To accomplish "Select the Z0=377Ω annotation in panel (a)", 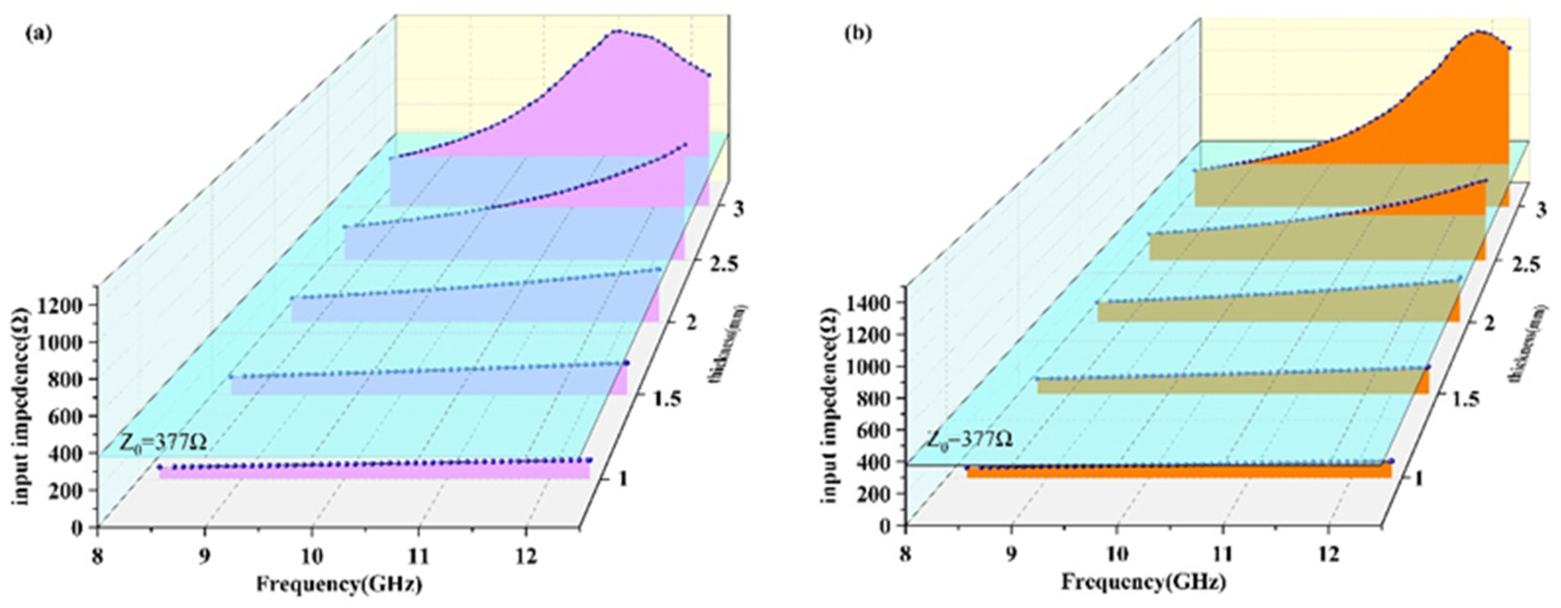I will point(162,444).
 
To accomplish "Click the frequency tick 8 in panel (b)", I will point(905,555).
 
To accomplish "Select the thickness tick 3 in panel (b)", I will point(1541,210).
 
